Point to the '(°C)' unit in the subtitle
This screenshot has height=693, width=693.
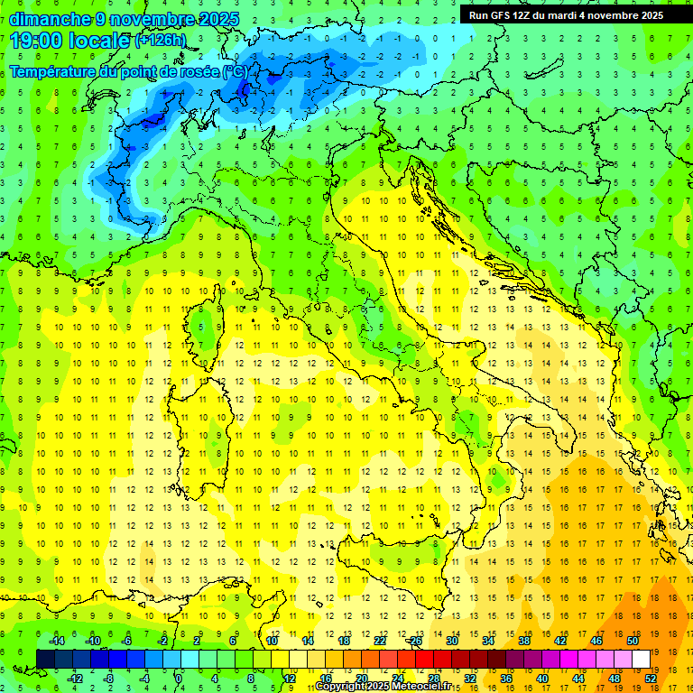coord(235,71)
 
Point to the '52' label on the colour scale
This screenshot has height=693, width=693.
coord(651,679)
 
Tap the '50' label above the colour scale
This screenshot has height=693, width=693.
coord(632,641)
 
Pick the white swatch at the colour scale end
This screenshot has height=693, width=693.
coord(642,659)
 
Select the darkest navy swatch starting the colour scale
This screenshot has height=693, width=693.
coord(46,659)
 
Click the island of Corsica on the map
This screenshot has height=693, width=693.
coord(210,325)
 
